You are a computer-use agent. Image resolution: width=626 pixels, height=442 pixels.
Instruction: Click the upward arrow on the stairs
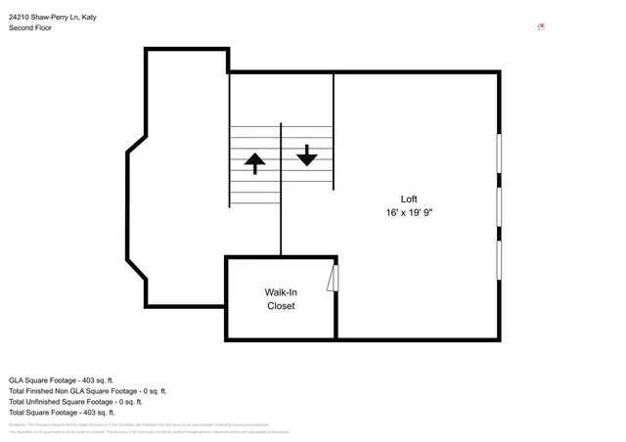[x=255, y=163]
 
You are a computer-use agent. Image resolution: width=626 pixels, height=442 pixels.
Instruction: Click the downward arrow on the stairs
[x=307, y=155]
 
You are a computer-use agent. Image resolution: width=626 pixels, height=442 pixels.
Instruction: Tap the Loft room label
[x=409, y=199]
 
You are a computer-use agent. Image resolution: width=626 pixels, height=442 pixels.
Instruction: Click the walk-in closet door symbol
[x=333, y=278]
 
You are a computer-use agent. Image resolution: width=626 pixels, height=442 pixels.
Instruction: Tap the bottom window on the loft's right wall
[x=500, y=260]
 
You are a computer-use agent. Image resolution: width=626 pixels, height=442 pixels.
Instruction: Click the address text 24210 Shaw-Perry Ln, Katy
[x=53, y=17]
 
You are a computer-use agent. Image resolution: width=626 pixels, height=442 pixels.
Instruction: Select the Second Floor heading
[x=30, y=28]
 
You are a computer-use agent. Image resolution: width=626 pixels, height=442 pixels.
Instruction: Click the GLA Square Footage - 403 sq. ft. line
[x=62, y=379]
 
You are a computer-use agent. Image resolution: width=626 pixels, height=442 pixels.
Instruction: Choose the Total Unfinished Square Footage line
[x=75, y=401]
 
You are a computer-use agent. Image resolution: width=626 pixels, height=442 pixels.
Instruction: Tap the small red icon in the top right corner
[x=541, y=27]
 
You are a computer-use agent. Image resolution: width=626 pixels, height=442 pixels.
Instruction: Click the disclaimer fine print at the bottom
[x=147, y=427]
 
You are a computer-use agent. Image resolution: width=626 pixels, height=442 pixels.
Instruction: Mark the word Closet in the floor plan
[x=281, y=305]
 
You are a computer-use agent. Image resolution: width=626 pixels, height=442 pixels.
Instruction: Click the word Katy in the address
[x=89, y=17]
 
